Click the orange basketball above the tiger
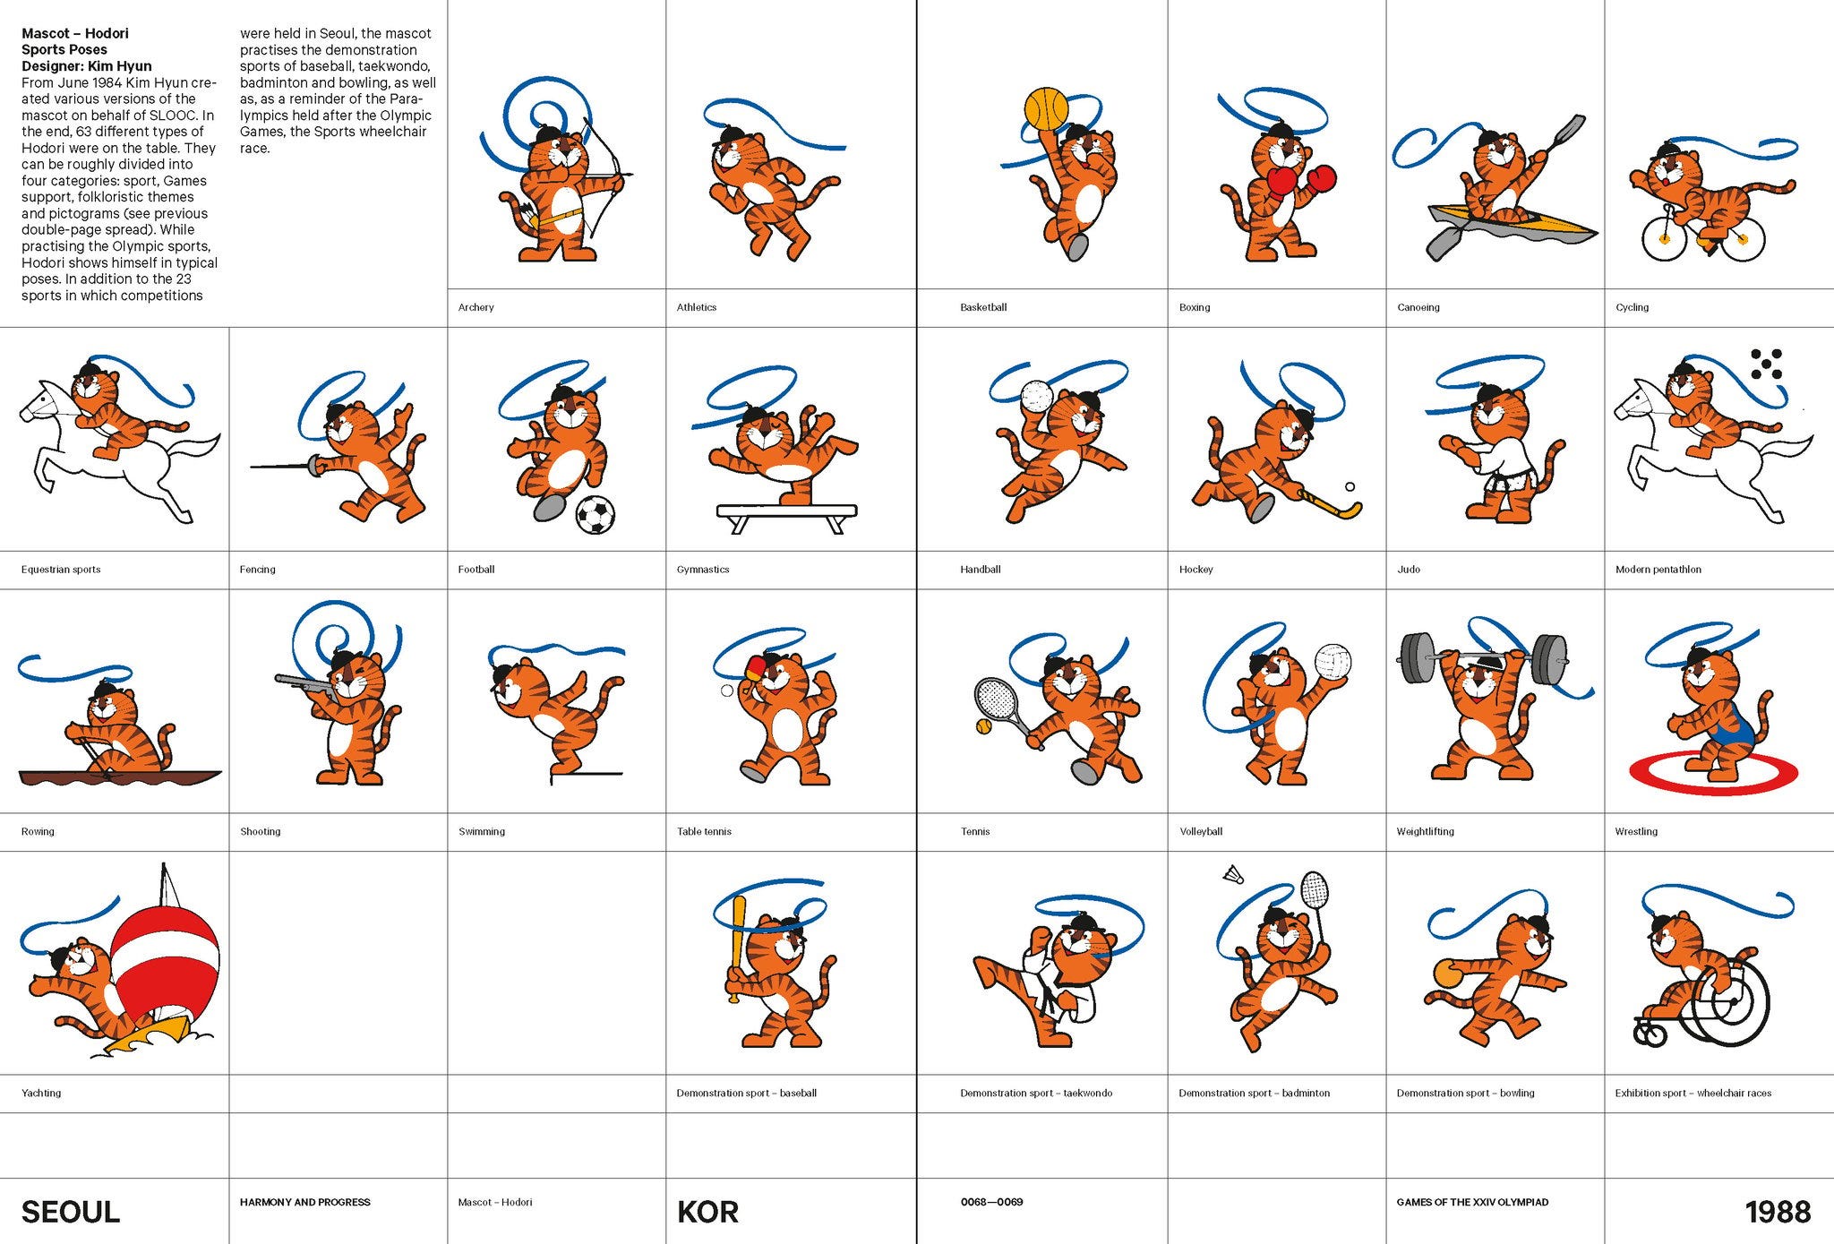click(1046, 109)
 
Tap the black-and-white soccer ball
click(595, 515)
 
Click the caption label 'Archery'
click(476, 307)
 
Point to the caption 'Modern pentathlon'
click(1658, 570)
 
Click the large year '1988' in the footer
click(1778, 1212)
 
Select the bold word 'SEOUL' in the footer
click(71, 1212)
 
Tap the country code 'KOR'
click(707, 1212)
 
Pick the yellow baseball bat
click(737, 948)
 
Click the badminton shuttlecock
click(1234, 873)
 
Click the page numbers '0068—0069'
click(991, 1202)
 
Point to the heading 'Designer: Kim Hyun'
click(87, 66)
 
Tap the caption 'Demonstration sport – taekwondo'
click(1036, 1093)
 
